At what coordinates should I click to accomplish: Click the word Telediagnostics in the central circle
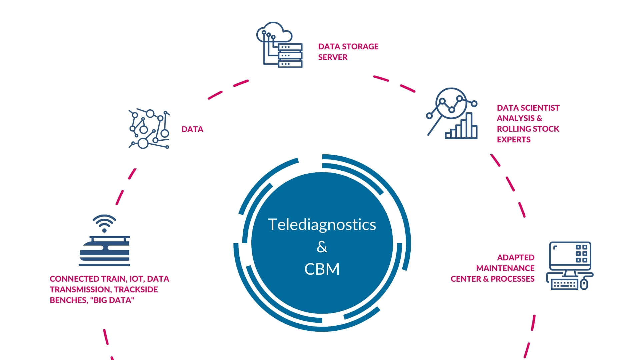(x=322, y=224)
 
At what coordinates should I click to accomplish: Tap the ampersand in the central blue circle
(x=322, y=247)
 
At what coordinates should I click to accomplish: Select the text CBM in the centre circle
(x=322, y=269)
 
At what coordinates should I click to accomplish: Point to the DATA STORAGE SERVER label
(x=348, y=52)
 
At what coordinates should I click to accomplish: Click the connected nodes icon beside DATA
(x=149, y=129)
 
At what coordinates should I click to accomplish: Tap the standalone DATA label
(x=192, y=129)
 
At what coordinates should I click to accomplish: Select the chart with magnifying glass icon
(x=452, y=113)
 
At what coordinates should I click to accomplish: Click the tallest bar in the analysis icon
(x=469, y=125)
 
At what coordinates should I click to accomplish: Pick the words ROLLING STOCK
(x=528, y=129)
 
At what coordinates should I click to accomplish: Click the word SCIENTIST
(x=540, y=108)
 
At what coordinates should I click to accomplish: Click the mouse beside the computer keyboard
(x=584, y=284)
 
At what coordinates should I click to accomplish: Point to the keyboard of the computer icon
(x=564, y=285)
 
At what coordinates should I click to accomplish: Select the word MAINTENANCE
(x=505, y=268)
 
